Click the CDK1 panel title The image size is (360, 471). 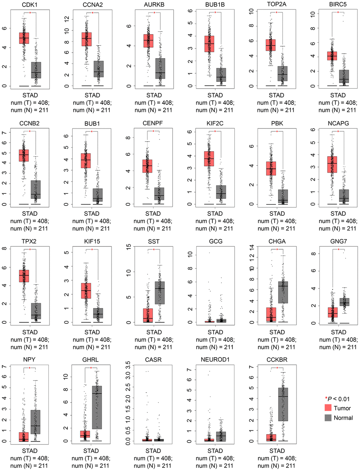pyautogui.click(x=30, y=5)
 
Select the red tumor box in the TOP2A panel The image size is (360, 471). pyautogui.click(x=271, y=45)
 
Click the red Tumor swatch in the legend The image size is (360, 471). pyautogui.click(x=328, y=408)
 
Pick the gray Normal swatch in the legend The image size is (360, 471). pyautogui.click(x=328, y=418)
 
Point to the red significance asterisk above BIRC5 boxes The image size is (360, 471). pyautogui.click(x=338, y=13)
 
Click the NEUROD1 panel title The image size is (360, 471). pyautogui.click(x=215, y=360)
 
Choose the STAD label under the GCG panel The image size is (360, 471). pyautogui.click(x=215, y=332)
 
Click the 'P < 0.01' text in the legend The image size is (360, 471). pyautogui.click(x=338, y=399)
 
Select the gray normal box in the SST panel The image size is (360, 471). pyautogui.click(x=160, y=293)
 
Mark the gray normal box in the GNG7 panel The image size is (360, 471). pyautogui.click(x=344, y=302)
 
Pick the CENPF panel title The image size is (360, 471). pyautogui.click(x=153, y=123)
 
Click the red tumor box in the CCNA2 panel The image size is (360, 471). pyautogui.click(x=86, y=39)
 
